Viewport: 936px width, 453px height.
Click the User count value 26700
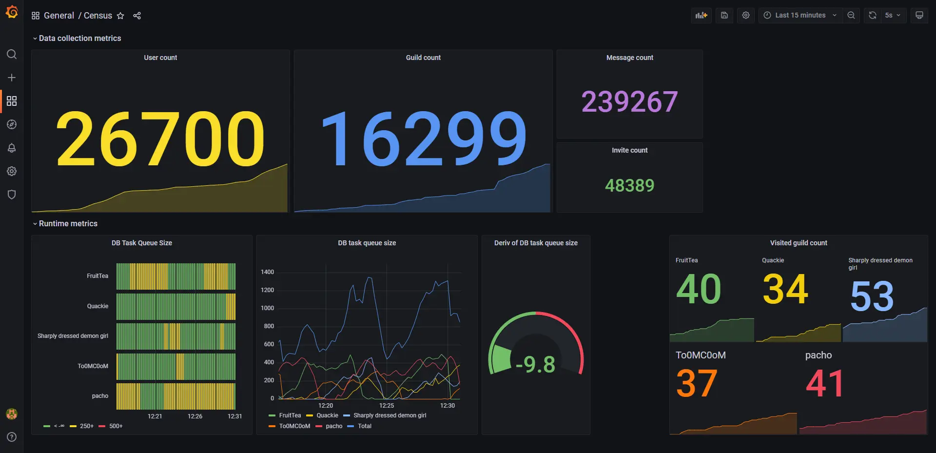[x=160, y=138]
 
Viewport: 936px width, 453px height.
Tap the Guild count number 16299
[x=423, y=138]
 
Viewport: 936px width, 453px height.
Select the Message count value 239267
[x=629, y=101]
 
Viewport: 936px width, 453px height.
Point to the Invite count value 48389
[x=629, y=185]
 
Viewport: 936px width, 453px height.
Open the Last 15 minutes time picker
[x=800, y=15]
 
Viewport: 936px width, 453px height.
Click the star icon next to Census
[x=120, y=16]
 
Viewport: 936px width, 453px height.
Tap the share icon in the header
[x=137, y=16]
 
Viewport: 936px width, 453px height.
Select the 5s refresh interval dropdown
[x=893, y=15]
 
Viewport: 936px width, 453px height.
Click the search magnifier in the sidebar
[x=12, y=54]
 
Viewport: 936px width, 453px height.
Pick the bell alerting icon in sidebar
[x=12, y=148]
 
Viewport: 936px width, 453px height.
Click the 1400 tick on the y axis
[x=267, y=272]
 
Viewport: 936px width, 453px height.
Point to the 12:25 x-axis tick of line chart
[x=386, y=406]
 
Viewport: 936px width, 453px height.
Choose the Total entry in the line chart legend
[x=364, y=426]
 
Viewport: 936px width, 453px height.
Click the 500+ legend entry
[x=116, y=426]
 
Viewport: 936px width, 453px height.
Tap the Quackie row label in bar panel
[x=97, y=306]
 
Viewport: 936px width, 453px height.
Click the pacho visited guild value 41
[x=824, y=383]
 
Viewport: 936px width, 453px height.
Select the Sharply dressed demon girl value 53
[x=872, y=295]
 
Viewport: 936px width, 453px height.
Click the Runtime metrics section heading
[x=68, y=223]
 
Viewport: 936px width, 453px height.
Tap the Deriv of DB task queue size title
[x=536, y=243]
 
